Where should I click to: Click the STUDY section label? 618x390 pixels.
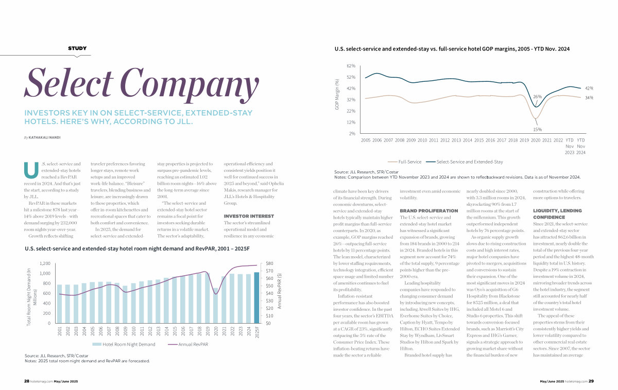pos(77,48)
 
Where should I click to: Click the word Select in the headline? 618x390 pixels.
pos(68,82)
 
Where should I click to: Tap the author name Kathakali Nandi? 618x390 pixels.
pos(44,137)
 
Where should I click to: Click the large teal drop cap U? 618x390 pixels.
pos(31,170)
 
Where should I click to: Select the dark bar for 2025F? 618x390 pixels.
pos(256,298)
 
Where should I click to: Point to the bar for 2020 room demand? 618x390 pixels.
pos(216,306)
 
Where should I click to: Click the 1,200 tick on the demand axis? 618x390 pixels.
pos(45,263)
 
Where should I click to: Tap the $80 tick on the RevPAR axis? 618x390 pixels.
pos(269,263)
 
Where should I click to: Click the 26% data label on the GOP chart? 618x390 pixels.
pos(537,97)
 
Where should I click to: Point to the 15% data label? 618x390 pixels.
pos(537,129)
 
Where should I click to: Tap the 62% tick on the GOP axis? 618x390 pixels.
pos(351,66)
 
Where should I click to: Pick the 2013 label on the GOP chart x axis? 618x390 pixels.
pos(456,140)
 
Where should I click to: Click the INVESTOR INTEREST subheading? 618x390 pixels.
pos(249,217)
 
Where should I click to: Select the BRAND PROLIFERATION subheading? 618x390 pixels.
pos(428,211)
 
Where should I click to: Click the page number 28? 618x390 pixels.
pos(26,381)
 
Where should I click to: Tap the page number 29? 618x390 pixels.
pos(591,381)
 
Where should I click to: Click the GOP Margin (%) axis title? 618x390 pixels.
pos(337,95)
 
